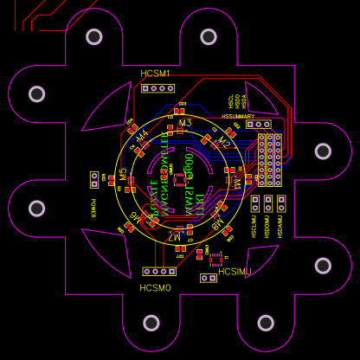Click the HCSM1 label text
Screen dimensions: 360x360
click(156, 74)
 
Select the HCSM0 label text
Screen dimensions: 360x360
click(156, 287)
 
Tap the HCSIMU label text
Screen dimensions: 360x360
click(235, 272)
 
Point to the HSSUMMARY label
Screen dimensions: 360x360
click(238, 116)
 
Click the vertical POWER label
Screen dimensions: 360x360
click(93, 208)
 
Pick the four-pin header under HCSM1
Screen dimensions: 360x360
click(157, 88)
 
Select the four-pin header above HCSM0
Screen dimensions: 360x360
click(156, 272)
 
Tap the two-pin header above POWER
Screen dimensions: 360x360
click(94, 179)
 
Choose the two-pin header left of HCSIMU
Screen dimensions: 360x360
click(208, 278)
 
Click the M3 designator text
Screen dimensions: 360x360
click(184, 124)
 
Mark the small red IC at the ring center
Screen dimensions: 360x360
click(179, 179)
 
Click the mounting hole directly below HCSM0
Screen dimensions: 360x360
click(151, 323)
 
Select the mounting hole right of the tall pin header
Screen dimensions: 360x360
click(323, 151)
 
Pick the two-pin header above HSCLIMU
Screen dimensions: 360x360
click(255, 203)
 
